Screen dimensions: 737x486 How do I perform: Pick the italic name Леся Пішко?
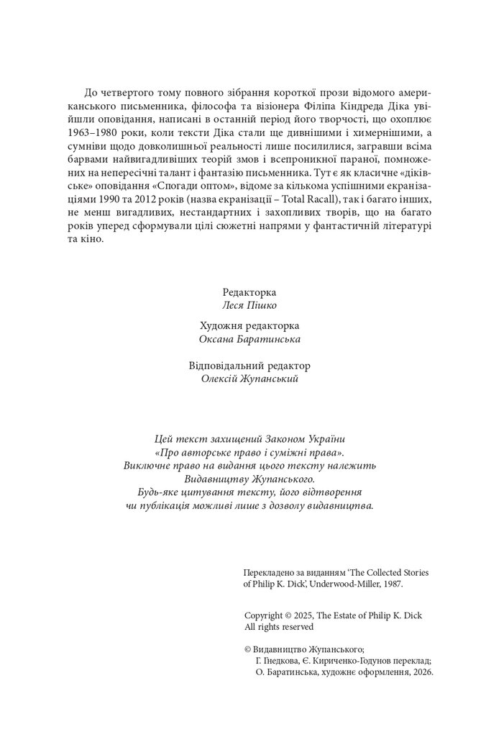coord(249,304)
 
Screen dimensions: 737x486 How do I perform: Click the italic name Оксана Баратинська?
coord(249,339)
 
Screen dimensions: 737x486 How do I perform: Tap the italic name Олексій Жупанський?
coord(249,379)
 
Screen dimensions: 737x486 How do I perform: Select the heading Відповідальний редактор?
coord(249,366)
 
